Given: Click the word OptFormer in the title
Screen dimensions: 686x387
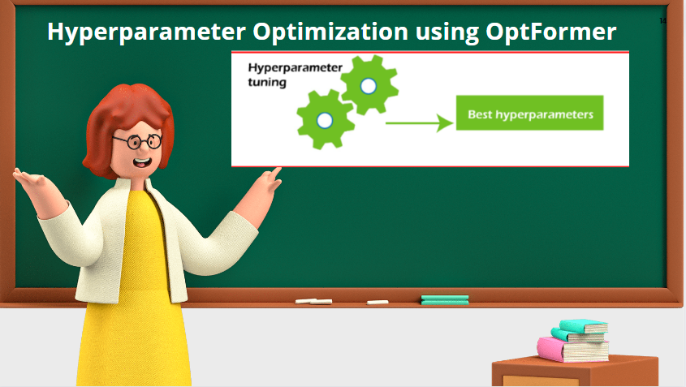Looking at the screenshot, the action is tap(550, 32).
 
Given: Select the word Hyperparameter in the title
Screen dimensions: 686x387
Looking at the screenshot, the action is tap(146, 32).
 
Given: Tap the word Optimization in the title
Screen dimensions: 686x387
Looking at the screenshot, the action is tap(330, 32).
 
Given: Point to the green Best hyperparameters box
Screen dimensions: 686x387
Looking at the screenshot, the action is tap(530, 113).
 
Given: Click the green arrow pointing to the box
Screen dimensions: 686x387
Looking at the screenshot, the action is tap(419, 123).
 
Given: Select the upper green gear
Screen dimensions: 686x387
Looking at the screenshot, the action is tap(369, 85).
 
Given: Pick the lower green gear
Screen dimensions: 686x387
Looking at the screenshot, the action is tap(325, 119).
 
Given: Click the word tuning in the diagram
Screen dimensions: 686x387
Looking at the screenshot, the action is tap(267, 82).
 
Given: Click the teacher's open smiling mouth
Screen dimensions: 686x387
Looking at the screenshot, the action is tap(142, 163).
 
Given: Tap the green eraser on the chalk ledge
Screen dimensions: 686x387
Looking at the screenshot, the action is tap(445, 299).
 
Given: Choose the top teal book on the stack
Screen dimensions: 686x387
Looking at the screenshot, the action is tap(583, 326).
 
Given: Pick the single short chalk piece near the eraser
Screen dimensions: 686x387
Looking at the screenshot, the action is tap(378, 302).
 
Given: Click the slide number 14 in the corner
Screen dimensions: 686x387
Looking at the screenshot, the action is tap(662, 20).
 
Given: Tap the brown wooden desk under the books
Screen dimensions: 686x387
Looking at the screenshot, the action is tap(575, 372).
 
